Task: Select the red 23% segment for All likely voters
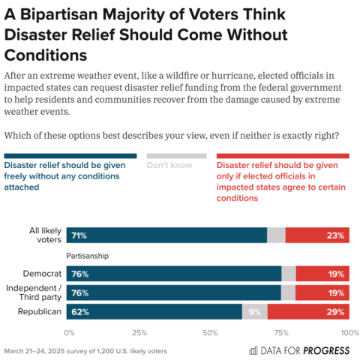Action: tap(317, 235)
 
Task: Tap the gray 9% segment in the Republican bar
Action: tap(254, 311)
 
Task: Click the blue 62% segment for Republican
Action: tap(154, 311)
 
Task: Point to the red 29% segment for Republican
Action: tap(308, 311)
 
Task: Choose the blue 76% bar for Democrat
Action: tap(173, 274)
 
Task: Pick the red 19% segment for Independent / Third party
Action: tap(322, 292)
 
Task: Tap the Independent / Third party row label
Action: tap(34, 292)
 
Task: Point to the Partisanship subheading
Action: tap(88, 256)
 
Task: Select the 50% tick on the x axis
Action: tap(208, 331)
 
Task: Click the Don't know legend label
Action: tap(169, 165)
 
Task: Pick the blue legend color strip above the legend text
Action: tap(70, 155)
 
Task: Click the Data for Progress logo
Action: tap(301, 349)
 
